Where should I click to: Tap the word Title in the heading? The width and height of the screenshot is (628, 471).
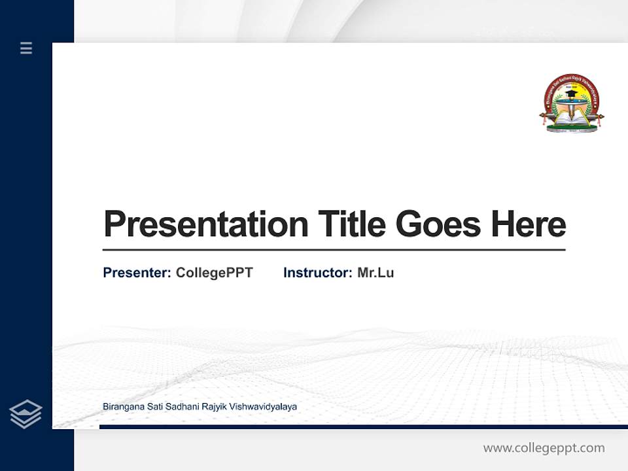pyautogui.click(x=352, y=224)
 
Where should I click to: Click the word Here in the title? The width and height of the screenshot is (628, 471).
pyautogui.click(x=529, y=224)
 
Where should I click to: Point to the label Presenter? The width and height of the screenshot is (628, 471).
pyautogui.click(x=137, y=273)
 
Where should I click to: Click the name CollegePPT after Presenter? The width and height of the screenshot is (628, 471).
pyautogui.click(x=214, y=273)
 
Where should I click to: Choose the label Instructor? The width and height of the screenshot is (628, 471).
pyautogui.click(x=317, y=273)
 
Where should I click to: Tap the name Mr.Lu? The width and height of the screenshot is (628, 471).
pyautogui.click(x=375, y=273)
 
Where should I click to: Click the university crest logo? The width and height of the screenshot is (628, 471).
pyautogui.click(x=571, y=103)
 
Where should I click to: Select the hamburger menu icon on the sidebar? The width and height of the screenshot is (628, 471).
pyautogui.click(x=26, y=48)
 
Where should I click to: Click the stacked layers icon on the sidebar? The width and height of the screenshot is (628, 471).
pyautogui.click(x=26, y=414)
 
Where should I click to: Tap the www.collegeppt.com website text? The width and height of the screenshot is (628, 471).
pyautogui.click(x=544, y=448)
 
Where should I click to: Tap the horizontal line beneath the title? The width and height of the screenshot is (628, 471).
pyautogui.click(x=334, y=250)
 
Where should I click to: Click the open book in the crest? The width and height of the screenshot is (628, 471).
pyautogui.click(x=571, y=120)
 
